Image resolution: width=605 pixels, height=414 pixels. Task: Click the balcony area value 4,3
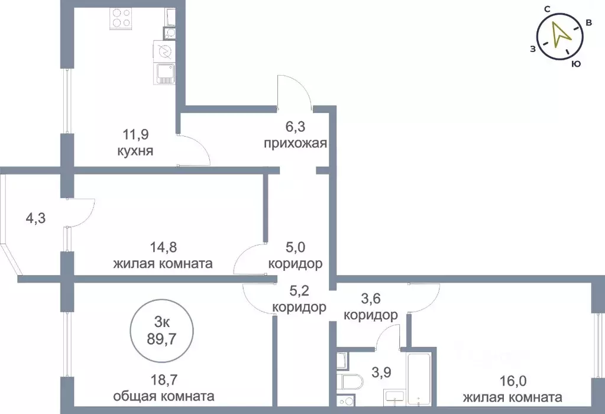[x=35, y=218]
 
